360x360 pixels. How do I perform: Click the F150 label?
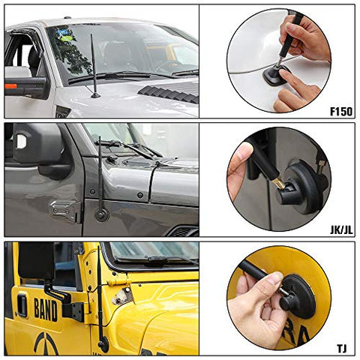[341, 112]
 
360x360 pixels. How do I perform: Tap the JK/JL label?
[341, 229]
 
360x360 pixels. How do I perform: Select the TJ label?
[342, 348]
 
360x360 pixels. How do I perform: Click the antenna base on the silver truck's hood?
[95, 95]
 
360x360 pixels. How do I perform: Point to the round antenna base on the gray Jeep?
[102, 214]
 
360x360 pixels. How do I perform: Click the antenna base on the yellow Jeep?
[103, 344]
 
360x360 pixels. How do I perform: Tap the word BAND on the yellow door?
[46, 310]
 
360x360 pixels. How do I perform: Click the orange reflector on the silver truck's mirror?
[10, 86]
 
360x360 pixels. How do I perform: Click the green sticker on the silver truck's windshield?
[67, 39]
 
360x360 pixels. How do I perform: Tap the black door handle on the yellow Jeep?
[22, 305]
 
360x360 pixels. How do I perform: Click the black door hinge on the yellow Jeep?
[73, 312]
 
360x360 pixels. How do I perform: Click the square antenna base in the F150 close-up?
[276, 75]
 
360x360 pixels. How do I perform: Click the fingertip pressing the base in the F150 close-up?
[285, 74]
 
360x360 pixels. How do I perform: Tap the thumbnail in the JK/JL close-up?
[241, 151]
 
